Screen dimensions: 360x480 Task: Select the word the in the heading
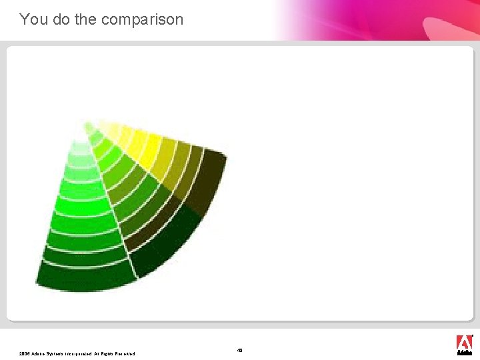click(85, 19)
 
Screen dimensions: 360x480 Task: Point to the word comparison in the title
click(142, 19)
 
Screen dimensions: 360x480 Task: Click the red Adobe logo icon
click(464, 341)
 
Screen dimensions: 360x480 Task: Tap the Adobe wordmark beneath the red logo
click(464, 353)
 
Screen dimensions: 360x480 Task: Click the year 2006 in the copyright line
click(25, 353)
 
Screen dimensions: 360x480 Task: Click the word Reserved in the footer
click(127, 353)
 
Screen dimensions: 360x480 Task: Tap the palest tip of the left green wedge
click(81, 148)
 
